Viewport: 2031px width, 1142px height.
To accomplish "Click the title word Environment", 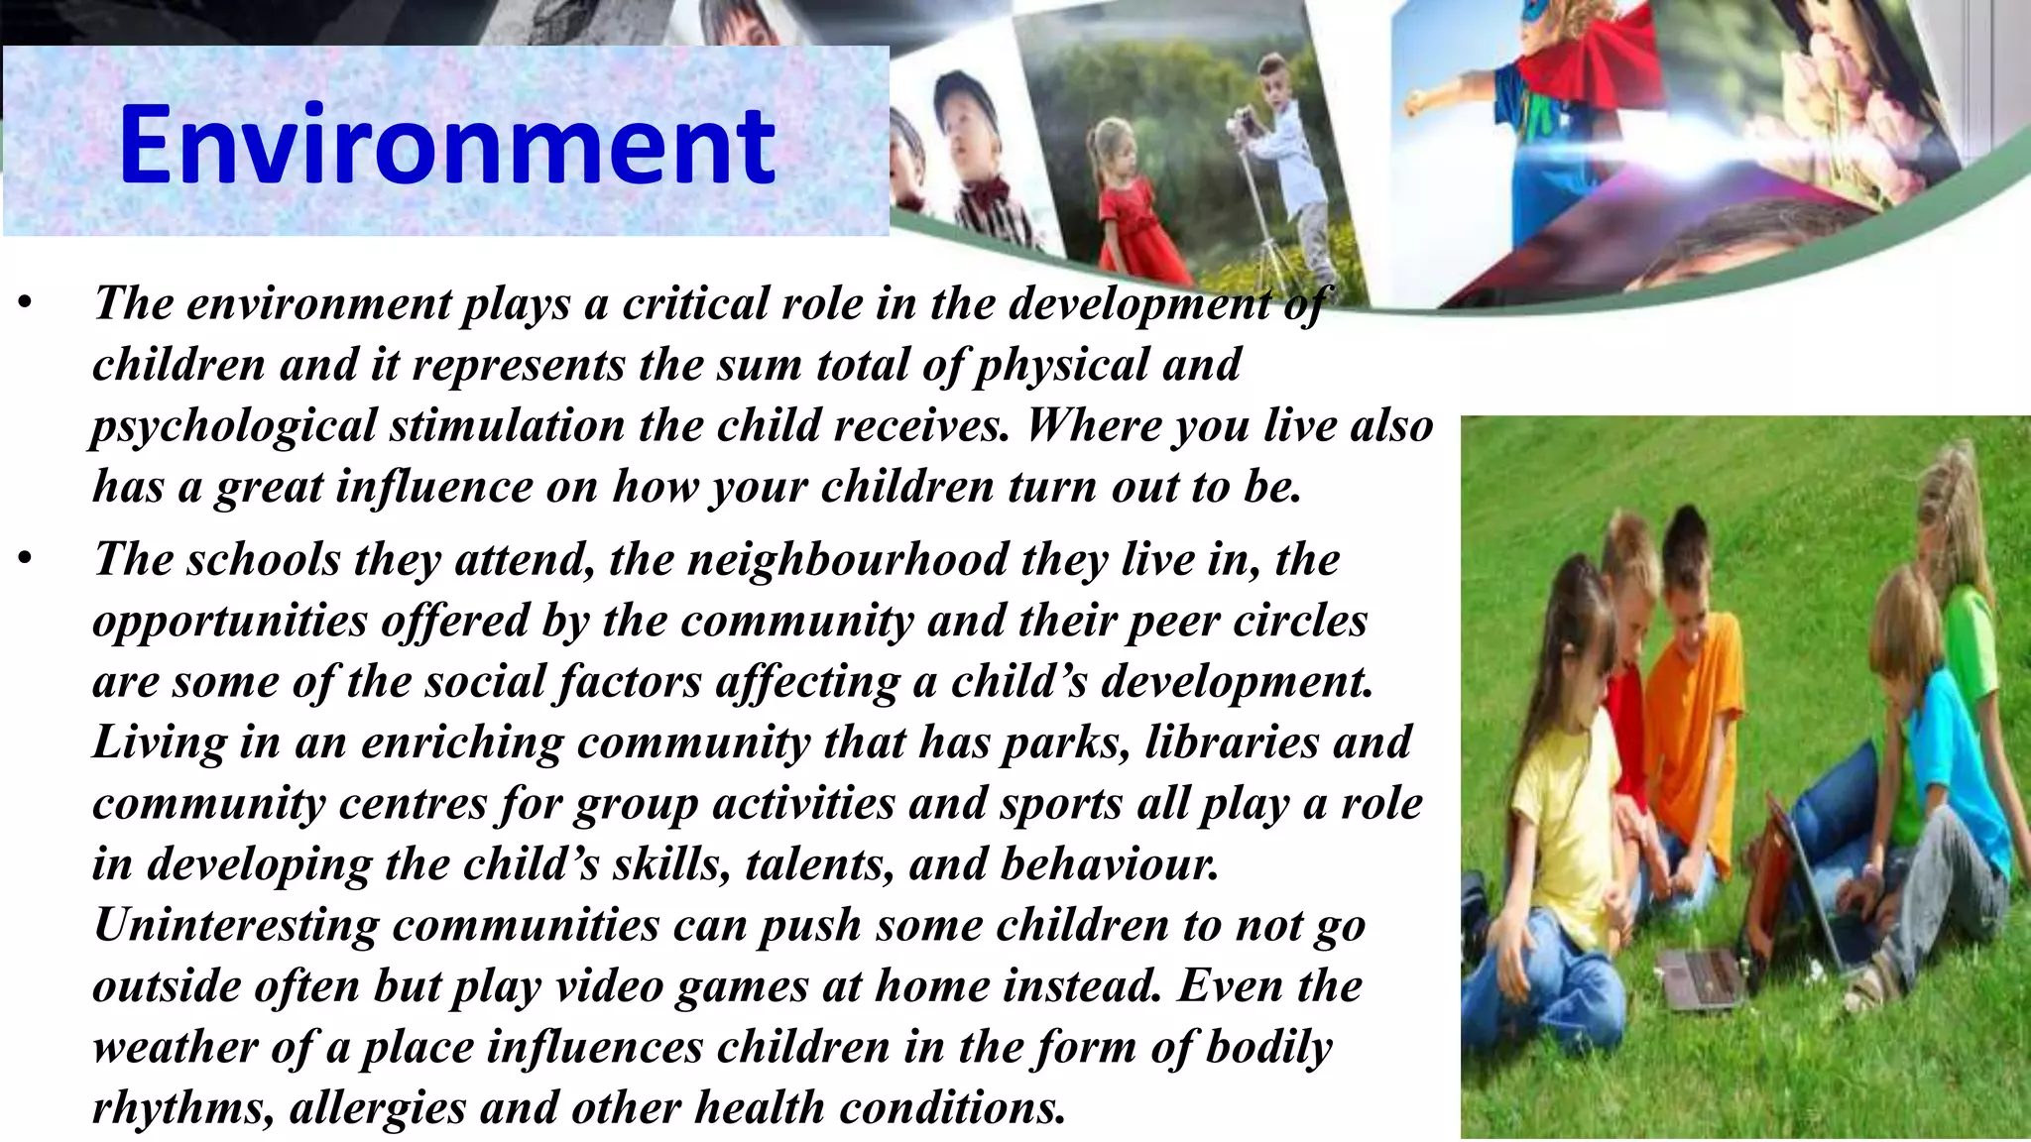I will coord(446,146).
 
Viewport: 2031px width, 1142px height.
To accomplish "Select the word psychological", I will coord(233,426).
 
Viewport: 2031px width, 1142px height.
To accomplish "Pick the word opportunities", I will coord(230,622).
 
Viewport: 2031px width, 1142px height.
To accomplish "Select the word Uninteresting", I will coord(236,925).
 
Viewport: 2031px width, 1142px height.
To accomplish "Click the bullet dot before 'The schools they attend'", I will coord(26,560).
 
